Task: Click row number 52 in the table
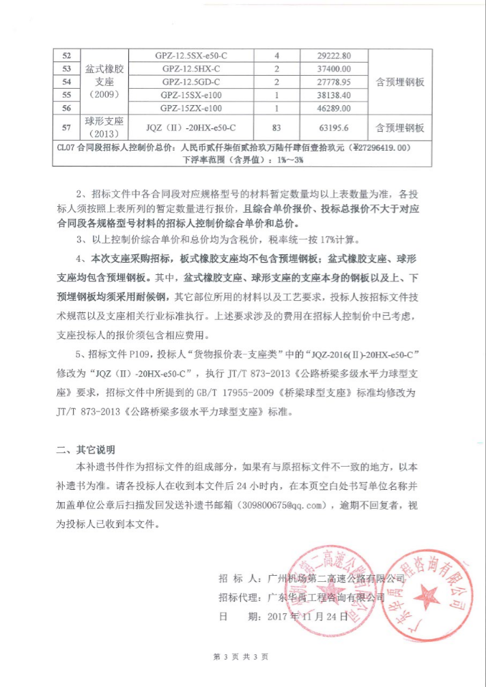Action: (x=66, y=55)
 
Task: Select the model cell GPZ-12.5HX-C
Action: (x=190, y=69)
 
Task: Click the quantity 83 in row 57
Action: (x=277, y=127)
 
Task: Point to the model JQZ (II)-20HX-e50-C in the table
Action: (x=190, y=127)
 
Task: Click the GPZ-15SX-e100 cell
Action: (x=190, y=95)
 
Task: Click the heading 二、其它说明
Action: (x=85, y=450)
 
